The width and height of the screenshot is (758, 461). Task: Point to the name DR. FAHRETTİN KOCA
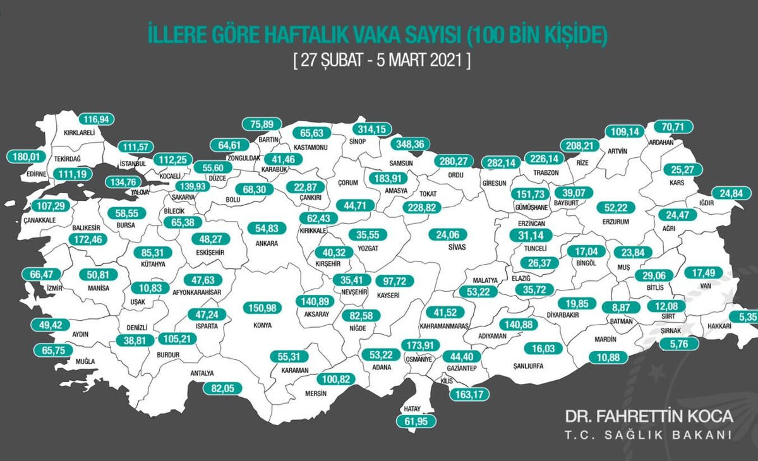tap(649, 417)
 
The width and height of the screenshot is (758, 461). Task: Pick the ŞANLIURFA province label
tap(527, 366)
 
